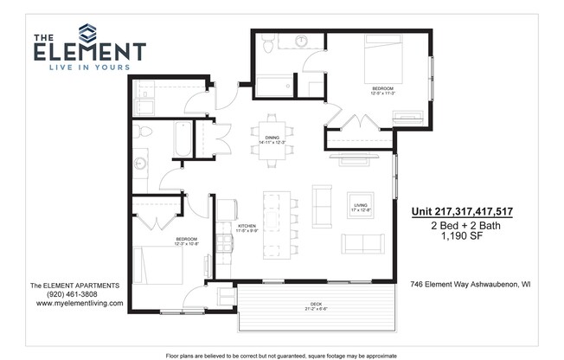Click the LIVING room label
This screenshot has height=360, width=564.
(360, 206)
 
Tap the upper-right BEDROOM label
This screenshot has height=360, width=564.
(382, 90)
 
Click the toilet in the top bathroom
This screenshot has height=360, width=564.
(269, 43)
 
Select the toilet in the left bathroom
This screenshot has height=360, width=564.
(144, 132)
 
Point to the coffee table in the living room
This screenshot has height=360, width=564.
(360, 205)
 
